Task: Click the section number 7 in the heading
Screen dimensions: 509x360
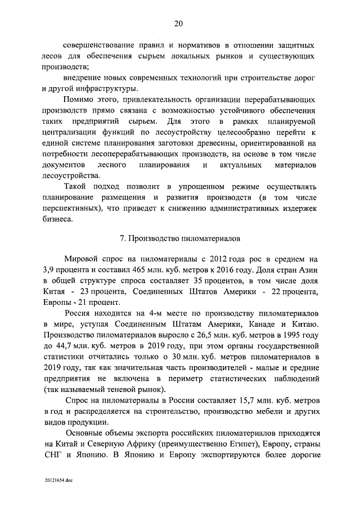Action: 123,238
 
